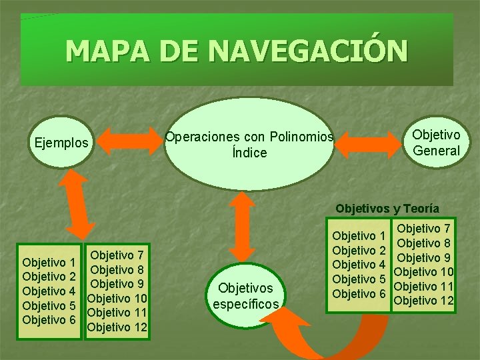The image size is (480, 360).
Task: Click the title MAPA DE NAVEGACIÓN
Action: point(237,51)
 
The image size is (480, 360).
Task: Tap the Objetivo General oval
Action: point(436,143)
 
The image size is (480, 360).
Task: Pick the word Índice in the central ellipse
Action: point(249,153)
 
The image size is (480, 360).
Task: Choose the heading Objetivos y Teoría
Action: point(387,209)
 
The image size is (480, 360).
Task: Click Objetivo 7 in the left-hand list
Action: point(117,255)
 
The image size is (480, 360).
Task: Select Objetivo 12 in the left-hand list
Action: point(117,327)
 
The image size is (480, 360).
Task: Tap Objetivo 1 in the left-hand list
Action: point(49,261)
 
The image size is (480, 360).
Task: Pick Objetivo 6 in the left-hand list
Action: point(49,320)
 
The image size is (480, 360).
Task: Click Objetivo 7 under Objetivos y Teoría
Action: point(424,229)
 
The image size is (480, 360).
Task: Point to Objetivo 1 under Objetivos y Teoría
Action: point(359,235)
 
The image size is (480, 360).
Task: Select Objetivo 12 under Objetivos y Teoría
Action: point(424,301)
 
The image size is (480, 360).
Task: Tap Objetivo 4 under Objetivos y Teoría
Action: point(359,265)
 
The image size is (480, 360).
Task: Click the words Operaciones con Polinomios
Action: point(249,137)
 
